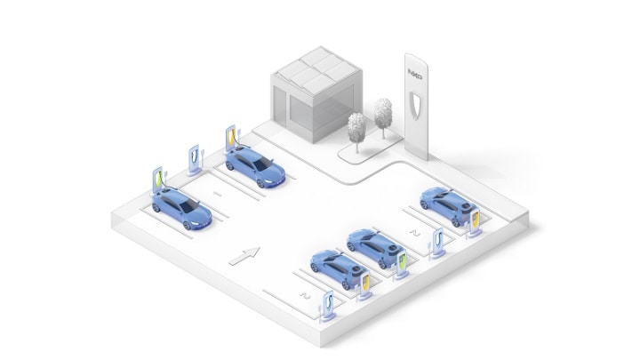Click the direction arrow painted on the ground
pos(242,257)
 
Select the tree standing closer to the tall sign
pos(383,114)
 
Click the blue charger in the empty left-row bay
pos(195,157)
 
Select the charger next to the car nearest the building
pos(231,141)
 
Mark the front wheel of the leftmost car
pos(188,225)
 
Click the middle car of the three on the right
pos(372,246)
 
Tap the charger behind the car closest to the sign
pos(476,221)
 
